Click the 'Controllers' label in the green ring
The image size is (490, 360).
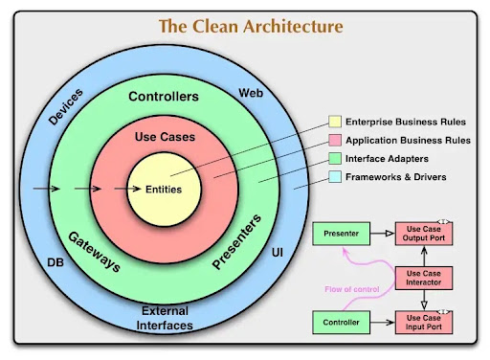tap(163, 97)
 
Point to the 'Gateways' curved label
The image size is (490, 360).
tap(94, 250)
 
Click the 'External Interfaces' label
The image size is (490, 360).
tap(166, 317)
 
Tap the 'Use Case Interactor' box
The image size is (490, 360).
tap(422, 277)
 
